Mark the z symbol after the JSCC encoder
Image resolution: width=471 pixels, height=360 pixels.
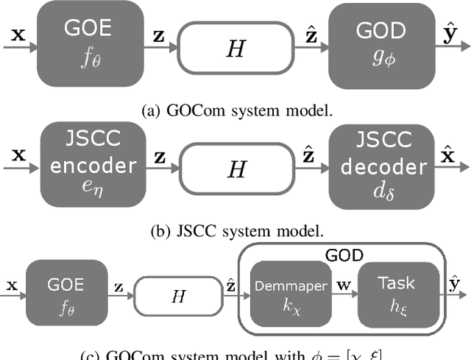(157, 157)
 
